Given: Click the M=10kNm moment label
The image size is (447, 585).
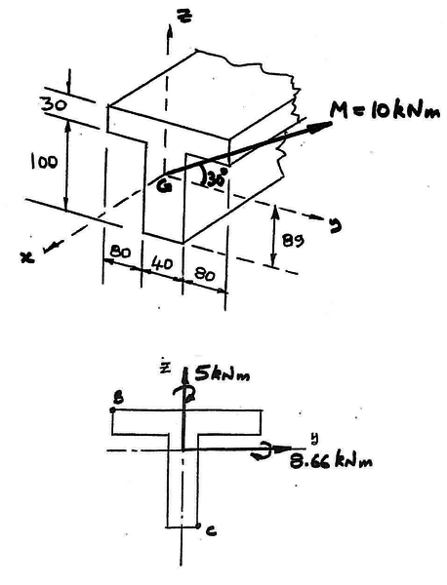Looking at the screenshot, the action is (x=385, y=109).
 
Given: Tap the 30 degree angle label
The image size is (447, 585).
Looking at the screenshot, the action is (x=216, y=178).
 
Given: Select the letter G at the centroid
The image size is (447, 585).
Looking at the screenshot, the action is (x=164, y=185).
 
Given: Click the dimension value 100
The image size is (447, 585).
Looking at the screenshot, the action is (x=44, y=162).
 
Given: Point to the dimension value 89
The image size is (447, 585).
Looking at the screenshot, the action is (x=294, y=241).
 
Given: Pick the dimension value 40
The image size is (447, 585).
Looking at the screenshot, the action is (x=163, y=264).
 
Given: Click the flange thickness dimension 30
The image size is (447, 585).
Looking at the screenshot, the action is (x=55, y=105).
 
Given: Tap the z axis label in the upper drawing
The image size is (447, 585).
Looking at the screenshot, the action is (x=186, y=16).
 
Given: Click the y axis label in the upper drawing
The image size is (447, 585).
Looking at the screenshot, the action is (x=335, y=226).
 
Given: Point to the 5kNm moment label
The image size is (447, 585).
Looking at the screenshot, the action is (x=222, y=375).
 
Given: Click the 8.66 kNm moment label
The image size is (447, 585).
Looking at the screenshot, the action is (x=331, y=462).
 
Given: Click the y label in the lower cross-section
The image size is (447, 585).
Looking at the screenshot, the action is (x=316, y=438).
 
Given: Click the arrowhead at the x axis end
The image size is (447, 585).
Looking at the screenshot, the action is (x=47, y=248).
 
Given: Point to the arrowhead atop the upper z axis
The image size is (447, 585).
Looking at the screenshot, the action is (x=170, y=32).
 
